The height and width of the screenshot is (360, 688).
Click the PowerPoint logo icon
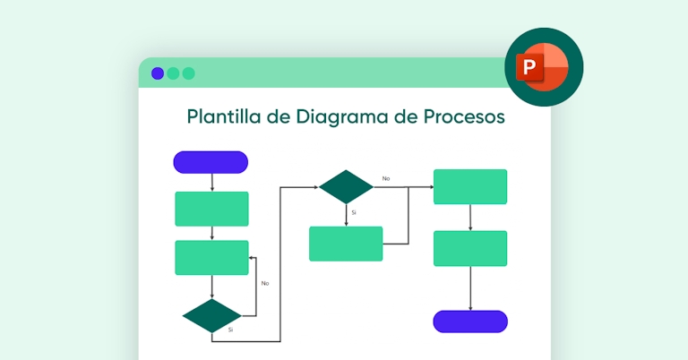[544, 67]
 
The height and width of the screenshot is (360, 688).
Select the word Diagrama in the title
[350, 116]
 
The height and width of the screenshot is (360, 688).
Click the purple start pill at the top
[211, 162]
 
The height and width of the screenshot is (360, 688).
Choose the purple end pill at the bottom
[470, 321]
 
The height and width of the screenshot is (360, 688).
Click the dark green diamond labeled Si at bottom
[211, 316]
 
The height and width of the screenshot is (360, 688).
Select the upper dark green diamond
[346, 186]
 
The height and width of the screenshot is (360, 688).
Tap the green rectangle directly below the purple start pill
[211, 209]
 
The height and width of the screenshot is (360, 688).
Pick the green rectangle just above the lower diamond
[211, 258]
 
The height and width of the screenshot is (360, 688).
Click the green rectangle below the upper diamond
[346, 244]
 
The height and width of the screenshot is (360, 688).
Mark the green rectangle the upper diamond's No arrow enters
[470, 186]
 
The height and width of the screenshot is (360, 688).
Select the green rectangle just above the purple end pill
[470, 248]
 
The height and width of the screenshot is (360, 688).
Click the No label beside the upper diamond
[386, 178]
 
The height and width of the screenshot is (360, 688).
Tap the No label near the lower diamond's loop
[265, 283]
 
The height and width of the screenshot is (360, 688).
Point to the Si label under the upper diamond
[354, 212]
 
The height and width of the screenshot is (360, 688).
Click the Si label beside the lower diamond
[230, 330]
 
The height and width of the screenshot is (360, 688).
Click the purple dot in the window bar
[158, 73]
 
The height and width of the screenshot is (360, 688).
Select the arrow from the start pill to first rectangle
[211, 182]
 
